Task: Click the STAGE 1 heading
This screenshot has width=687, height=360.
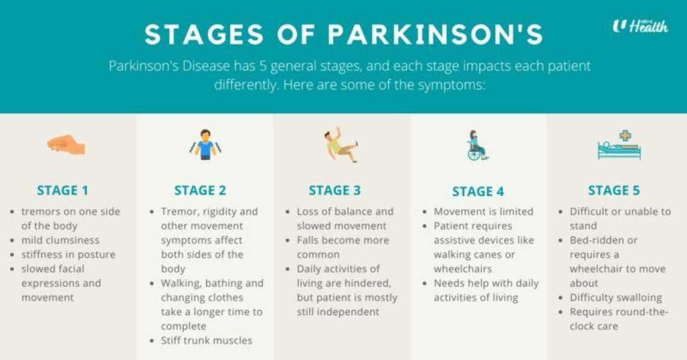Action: tap(63, 191)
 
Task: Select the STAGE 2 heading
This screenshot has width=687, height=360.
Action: tap(200, 191)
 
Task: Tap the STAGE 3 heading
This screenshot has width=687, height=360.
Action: tap(334, 191)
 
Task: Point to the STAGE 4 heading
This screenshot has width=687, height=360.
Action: tap(478, 192)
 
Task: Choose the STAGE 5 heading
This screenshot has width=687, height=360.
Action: tap(614, 191)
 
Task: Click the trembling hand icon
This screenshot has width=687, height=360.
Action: tap(66, 145)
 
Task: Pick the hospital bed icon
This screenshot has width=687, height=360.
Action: tap(619, 145)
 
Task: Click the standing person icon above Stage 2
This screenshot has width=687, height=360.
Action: tap(205, 145)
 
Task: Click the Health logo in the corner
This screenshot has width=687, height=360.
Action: tap(640, 26)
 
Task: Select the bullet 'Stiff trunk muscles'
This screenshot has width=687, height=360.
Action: tap(206, 340)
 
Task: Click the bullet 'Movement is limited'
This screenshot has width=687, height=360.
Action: tap(483, 212)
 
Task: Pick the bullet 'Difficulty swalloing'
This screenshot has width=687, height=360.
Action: tap(615, 297)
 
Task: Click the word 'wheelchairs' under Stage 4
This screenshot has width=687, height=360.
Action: tap(463, 269)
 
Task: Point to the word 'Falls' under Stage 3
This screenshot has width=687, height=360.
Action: tap(311, 240)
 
